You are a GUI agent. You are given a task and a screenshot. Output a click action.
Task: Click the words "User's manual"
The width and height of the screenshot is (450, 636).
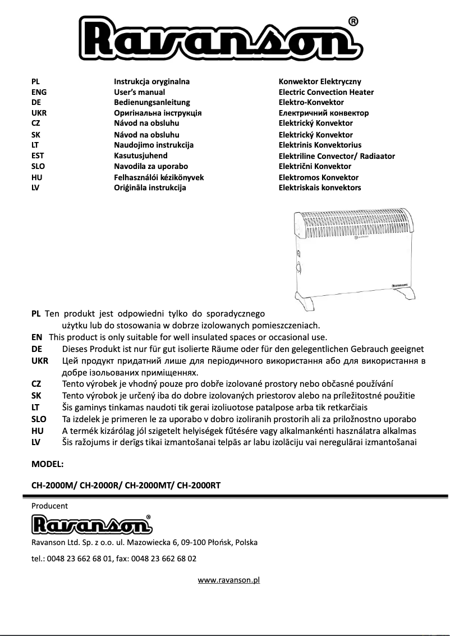pyautogui.click(x=139, y=92)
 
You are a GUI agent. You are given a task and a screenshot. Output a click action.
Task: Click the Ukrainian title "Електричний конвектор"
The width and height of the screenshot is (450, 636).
pyautogui.click(x=324, y=113)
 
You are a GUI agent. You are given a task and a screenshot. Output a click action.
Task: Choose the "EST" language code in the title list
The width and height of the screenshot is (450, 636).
pyautogui.click(x=38, y=155)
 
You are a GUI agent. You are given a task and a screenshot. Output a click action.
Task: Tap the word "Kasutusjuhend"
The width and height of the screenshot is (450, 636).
pyautogui.click(x=140, y=155)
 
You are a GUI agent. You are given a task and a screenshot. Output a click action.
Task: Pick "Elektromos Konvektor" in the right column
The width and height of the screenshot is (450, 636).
pyautogui.click(x=318, y=177)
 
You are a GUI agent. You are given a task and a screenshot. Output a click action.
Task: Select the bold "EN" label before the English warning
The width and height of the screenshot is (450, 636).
pyautogui.click(x=37, y=337)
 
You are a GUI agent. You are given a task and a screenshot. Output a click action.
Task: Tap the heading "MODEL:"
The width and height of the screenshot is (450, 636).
pyautogui.click(x=48, y=464)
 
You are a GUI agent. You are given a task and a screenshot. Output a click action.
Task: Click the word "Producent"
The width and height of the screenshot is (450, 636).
pyautogui.click(x=49, y=506)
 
